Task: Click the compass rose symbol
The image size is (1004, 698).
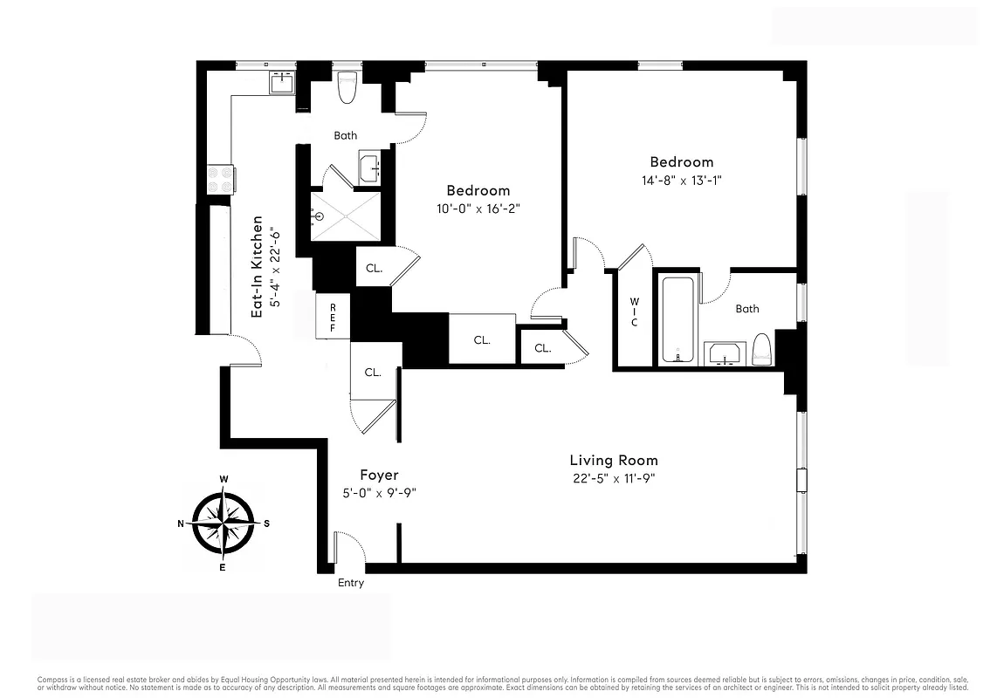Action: [x=224, y=523]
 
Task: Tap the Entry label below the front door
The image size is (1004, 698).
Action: [x=350, y=583]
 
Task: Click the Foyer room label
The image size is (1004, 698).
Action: [x=379, y=475]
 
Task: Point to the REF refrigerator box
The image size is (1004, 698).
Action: [x=333, y=317]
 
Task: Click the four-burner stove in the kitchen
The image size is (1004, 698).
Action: [x=218, y=180]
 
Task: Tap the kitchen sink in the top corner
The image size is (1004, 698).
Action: [x=283, y=84]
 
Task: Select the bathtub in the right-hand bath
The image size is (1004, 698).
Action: [x=677, y=319]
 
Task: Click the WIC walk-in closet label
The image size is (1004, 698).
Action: [x=634, y=312]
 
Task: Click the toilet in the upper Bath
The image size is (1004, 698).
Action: [x=347, y=87]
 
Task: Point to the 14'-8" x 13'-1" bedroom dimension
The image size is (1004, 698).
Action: [x=680, y=180]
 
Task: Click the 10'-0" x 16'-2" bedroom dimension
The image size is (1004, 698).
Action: [x=478, y=209]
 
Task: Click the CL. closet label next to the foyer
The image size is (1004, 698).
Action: [x=373, y=372]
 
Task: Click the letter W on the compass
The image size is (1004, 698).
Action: [x=224, y=479]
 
